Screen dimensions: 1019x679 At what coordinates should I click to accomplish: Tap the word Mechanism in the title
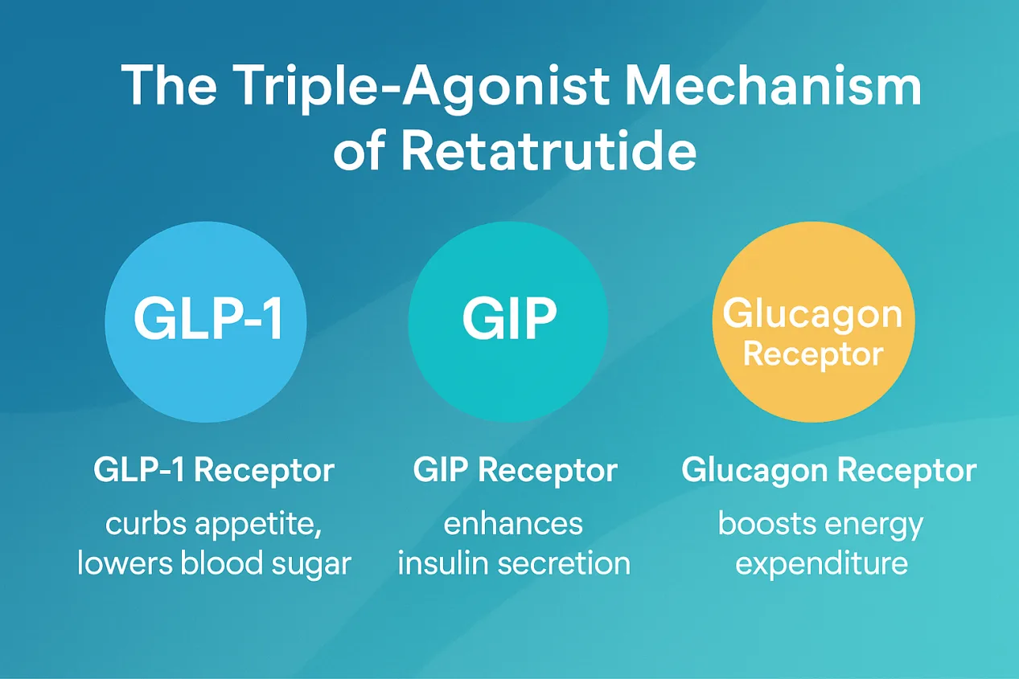coord(774,85)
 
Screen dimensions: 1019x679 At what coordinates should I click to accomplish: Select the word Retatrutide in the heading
coord(549,149)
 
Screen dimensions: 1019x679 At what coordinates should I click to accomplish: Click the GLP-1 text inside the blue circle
coord(208,318)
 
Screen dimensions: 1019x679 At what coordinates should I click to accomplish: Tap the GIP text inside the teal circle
coord(510,318)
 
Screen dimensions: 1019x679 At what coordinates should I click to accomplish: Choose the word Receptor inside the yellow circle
coord(813,355)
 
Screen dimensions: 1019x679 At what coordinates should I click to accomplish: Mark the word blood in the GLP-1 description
coord(222,562)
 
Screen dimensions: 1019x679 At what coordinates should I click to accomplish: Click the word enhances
coord(513,524)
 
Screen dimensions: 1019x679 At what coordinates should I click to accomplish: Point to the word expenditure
coord(822,564)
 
